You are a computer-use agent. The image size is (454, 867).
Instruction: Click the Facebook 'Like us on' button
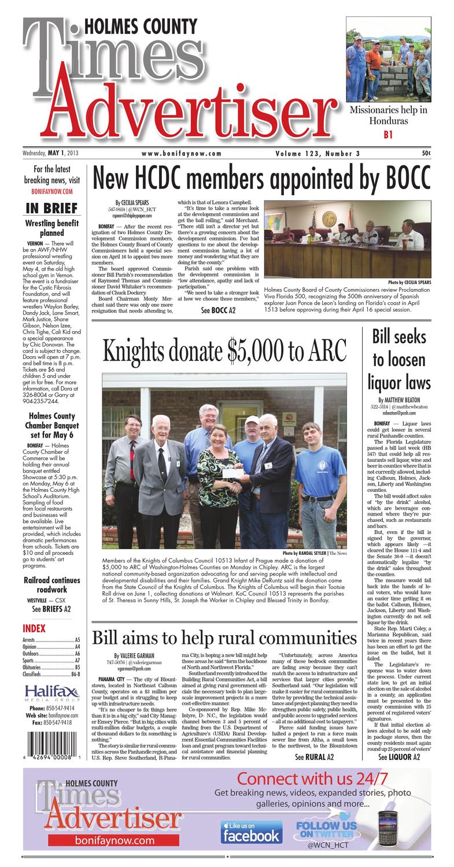click(x=250, y=832)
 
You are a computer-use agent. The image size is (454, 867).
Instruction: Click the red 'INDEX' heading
click(x=34, y=628)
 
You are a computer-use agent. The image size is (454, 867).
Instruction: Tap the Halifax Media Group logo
click(x=52, y=693)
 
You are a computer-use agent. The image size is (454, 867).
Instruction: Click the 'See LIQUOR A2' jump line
click(x=399, y=757)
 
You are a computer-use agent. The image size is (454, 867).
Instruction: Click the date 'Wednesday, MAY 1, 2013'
click(x=51, y=153)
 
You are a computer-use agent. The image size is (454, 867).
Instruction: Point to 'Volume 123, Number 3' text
click(x=315, y=153)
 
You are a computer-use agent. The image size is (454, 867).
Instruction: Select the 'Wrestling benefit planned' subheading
click(x=52, y=228)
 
